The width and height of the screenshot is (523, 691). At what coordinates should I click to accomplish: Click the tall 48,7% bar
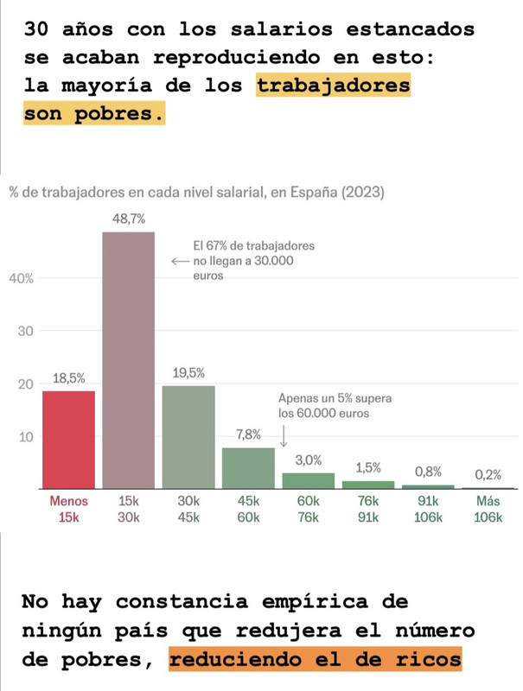coord(129,359)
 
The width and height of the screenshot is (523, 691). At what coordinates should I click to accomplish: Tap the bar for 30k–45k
coord(188,436)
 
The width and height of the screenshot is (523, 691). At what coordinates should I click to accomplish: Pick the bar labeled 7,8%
coord(248,467)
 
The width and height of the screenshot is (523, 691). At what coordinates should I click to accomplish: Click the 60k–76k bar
coord(309,481)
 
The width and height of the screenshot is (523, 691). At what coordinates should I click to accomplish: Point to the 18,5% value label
coord(68,377)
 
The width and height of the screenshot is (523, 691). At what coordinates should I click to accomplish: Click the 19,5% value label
coord(188,372)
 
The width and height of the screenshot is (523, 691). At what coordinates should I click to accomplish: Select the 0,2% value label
coord(488,474)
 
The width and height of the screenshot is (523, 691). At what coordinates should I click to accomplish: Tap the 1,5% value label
coord(368,467)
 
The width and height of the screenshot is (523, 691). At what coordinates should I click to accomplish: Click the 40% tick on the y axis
coord(22,278)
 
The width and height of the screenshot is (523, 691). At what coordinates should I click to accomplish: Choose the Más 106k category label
coord(488,509)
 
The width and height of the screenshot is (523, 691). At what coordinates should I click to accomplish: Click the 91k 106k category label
coord(428,509)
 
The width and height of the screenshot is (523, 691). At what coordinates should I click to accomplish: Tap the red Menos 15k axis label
coord(68,509)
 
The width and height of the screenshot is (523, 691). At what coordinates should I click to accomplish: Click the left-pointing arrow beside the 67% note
coord(180,261)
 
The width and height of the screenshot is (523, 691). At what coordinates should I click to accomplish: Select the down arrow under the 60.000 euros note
coord(284,429)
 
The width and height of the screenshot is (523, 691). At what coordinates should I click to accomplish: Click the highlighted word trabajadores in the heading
coord(333,87)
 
